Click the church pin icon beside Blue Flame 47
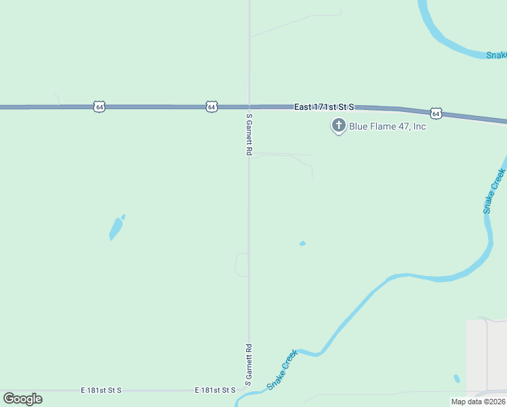click(338, 125)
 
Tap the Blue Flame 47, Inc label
click(388, 126)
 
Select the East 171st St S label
click(324, 107)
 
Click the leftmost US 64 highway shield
click(100, 106)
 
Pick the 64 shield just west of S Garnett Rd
click(212, 106)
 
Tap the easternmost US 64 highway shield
click(436, 113)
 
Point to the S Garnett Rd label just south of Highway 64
click(249, 135)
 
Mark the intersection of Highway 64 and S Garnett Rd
click(249, 106)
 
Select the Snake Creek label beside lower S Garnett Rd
click(282, 370)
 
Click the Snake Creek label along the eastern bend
click(495, 191)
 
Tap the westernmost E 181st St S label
click(101, 390)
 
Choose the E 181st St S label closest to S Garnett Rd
click(215, 390)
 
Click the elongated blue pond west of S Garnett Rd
click(116, 228)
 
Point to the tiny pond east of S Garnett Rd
click(302, 244)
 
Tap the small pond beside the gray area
click(457, 379)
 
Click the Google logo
click(22, 399)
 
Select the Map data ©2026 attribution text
click(479, 402)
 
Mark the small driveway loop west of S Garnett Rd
click(241, 265)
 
